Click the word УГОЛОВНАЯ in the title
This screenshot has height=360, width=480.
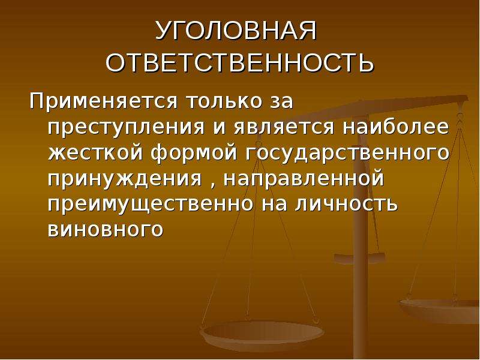tap(236, 31)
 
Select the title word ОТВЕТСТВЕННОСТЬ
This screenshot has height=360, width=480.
tap(240, 62)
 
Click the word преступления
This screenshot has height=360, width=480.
tap(126, 127)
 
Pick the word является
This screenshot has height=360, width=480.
tap(284, 127)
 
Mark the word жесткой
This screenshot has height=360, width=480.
tap(95, 153)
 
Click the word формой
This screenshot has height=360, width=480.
tap(194, 154)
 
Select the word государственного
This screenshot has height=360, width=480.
tap(347, 154)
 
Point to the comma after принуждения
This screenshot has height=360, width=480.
tap(214, 185)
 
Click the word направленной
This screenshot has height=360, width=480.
tap(304, 179)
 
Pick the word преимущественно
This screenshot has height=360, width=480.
tap(151, 205)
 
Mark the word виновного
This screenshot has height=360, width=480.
tap(106, 230)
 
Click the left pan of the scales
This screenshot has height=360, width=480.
tap(261, 333)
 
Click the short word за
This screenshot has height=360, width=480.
tap(281, 102)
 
